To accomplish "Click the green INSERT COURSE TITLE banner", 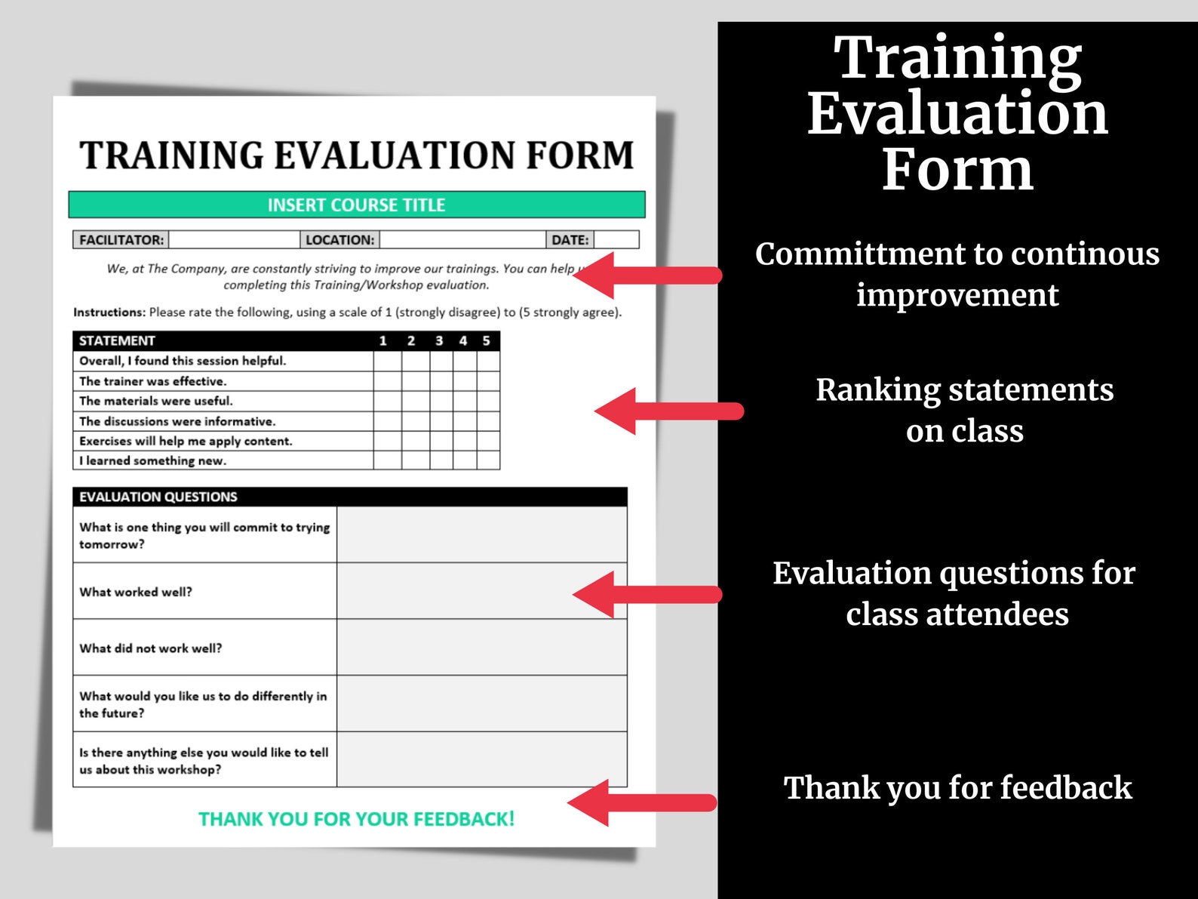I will (356, 205).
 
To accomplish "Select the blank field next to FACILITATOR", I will (234, 240).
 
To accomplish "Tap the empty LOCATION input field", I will (462, 240).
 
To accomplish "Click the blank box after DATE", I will (616, 240).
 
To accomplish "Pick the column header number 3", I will (439, 341).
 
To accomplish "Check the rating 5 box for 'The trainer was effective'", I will (488, 381).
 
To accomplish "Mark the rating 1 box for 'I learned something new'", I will (387, 460).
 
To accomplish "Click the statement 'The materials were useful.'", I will (156, 401).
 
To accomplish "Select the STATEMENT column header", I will (117, 341).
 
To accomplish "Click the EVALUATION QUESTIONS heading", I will (158, 497).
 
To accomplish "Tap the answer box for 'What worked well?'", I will (481, 591).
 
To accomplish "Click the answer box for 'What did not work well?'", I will (481, 648).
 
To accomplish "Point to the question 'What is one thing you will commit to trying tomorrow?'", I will (204, 535).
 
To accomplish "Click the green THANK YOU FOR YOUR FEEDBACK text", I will (356, 819).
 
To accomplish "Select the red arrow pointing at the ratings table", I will (668, 411).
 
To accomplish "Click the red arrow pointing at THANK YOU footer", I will (641, 803).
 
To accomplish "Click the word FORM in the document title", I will (579, 155).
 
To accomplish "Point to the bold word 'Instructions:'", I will (109, 312).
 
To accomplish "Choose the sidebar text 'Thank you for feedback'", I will (957, 788).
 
